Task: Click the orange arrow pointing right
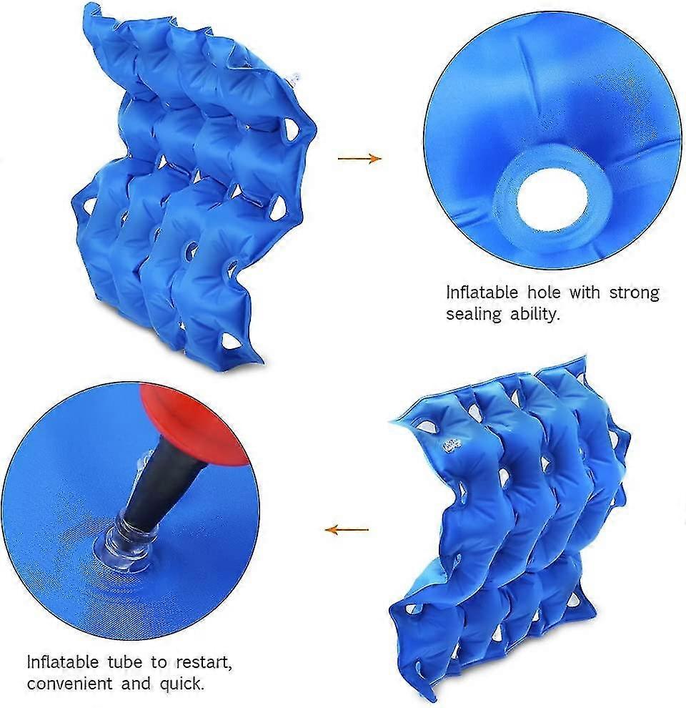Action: tap(359, 158)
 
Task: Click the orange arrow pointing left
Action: tap(347, 530)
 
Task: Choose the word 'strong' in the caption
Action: tap(634, 292)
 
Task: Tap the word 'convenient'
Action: tap(69, 683)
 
